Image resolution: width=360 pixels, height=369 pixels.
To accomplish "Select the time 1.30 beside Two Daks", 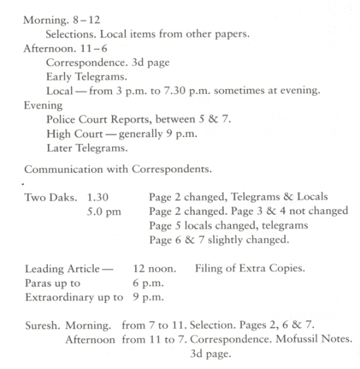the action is (x=98, y=197).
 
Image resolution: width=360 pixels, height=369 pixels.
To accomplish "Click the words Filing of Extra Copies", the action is (x=249, y=269).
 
